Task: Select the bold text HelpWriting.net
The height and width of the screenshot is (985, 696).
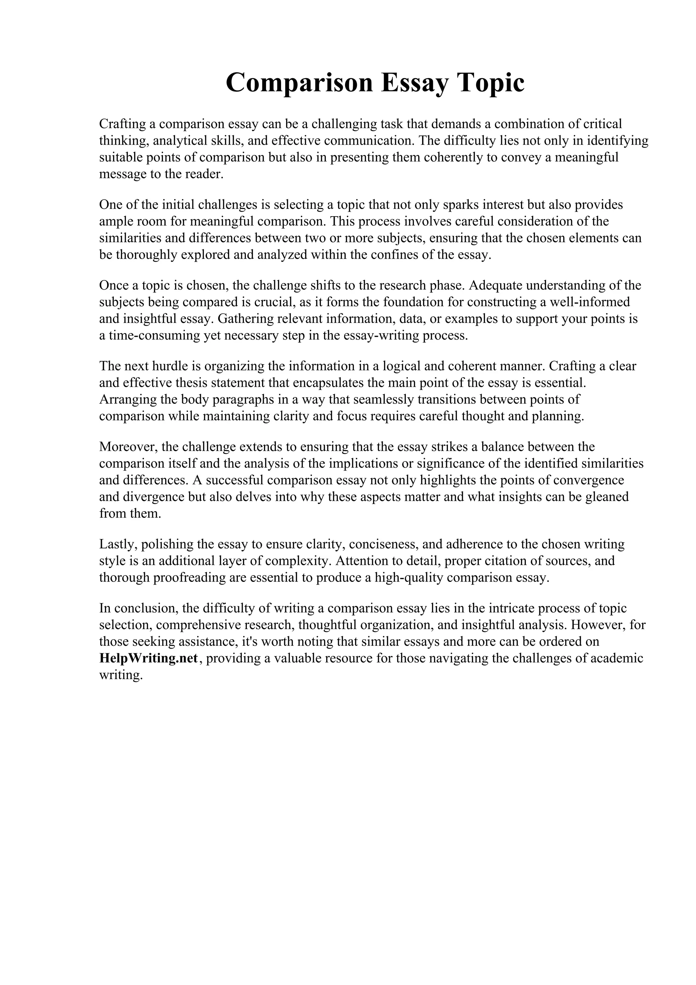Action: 149,658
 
